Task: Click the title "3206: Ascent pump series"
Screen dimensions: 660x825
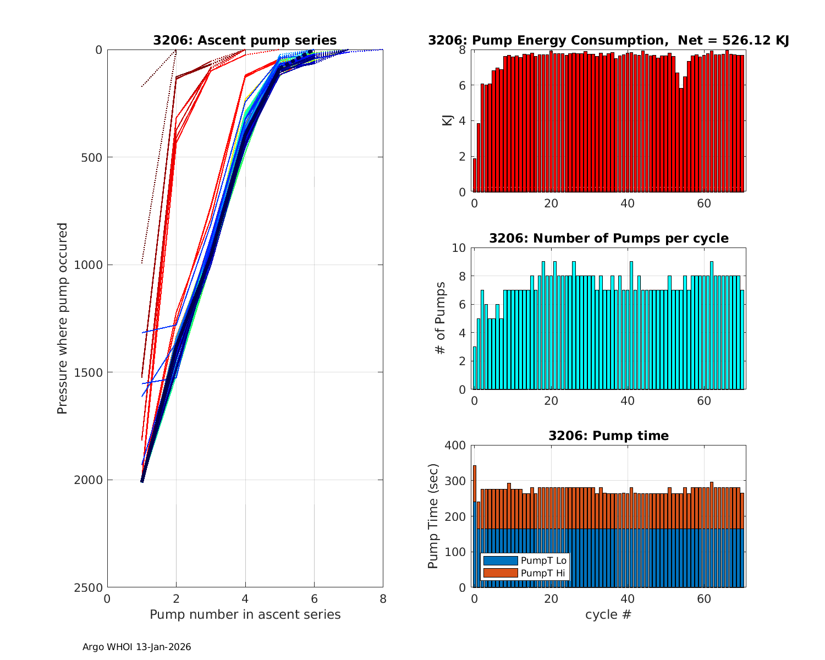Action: pos(245,40)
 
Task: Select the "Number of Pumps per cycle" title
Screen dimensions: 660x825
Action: pos(608,238)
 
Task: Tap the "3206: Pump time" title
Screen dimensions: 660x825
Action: pos(608,436)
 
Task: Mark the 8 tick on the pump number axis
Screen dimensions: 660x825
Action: pos(383,599)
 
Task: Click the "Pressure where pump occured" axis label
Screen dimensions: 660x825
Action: pos(63,318)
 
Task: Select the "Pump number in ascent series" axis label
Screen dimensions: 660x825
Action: pos(245,614)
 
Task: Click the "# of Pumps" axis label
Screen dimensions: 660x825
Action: pos(440,318)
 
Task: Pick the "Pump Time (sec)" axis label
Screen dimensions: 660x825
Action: pos(433,516)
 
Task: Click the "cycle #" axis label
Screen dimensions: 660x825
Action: pos(608,614)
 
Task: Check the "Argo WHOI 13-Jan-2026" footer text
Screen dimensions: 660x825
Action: pos(136,647)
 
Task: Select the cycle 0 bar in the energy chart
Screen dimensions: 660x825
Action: pos(475,175)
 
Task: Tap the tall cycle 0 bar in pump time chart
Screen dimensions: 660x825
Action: pos(475,528)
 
